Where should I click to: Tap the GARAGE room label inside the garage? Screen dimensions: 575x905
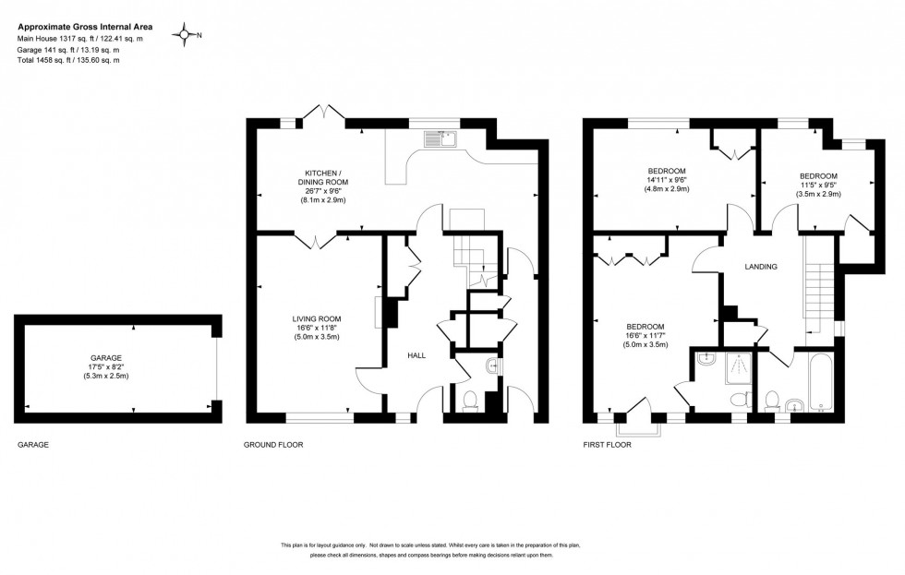[105, 357]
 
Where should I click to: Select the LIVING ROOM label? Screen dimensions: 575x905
[318, 319]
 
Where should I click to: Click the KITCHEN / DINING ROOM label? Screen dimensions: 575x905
[322, 177]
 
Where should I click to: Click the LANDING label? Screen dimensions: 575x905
[761, 267]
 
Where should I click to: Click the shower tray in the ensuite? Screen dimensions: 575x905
[739, 365]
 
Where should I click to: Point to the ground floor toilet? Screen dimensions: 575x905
[469, 401]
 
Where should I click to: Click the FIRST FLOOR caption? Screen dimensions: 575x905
[607, 445]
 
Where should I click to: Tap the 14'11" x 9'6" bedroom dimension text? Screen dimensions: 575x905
[666, 180]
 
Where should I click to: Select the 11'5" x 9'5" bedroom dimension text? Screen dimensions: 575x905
[818, 186]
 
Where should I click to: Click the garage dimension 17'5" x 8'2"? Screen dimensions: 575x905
[105, 366]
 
